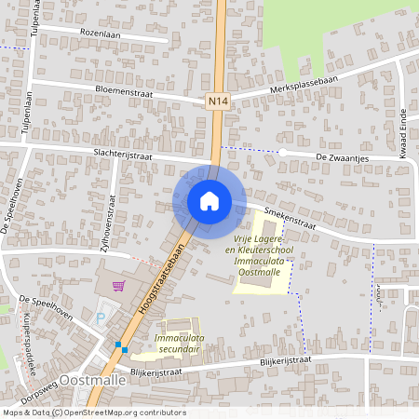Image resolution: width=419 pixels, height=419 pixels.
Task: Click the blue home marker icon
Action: (x=209, y=200)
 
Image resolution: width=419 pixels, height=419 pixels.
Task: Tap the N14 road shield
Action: (x=217, y=101)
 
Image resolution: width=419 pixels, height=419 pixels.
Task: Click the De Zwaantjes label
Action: (x=344, y=158)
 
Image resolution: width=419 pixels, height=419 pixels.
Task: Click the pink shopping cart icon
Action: (x=118, y=286)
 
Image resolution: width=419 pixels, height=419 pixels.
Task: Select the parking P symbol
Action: (x=101, y=318)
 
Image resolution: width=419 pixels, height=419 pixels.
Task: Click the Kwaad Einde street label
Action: (x=404, y=140)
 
